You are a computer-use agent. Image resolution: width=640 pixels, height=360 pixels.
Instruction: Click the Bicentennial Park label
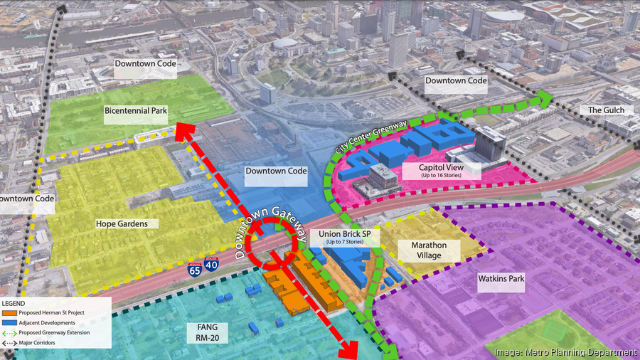tap(135, 112)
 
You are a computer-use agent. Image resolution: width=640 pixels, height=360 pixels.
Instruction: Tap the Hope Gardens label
tap(122, 223)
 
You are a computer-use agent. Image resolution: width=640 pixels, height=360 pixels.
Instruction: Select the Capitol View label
tap(442, 170)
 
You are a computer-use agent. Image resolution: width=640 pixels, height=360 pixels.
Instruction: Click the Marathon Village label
tap(429, 250)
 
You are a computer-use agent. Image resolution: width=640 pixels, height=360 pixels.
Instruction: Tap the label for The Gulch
tap(606, 110)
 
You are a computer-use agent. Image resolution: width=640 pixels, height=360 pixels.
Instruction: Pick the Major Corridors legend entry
tap(39, 342)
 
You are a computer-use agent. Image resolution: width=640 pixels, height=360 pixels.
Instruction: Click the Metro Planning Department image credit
tap(565, 352)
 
